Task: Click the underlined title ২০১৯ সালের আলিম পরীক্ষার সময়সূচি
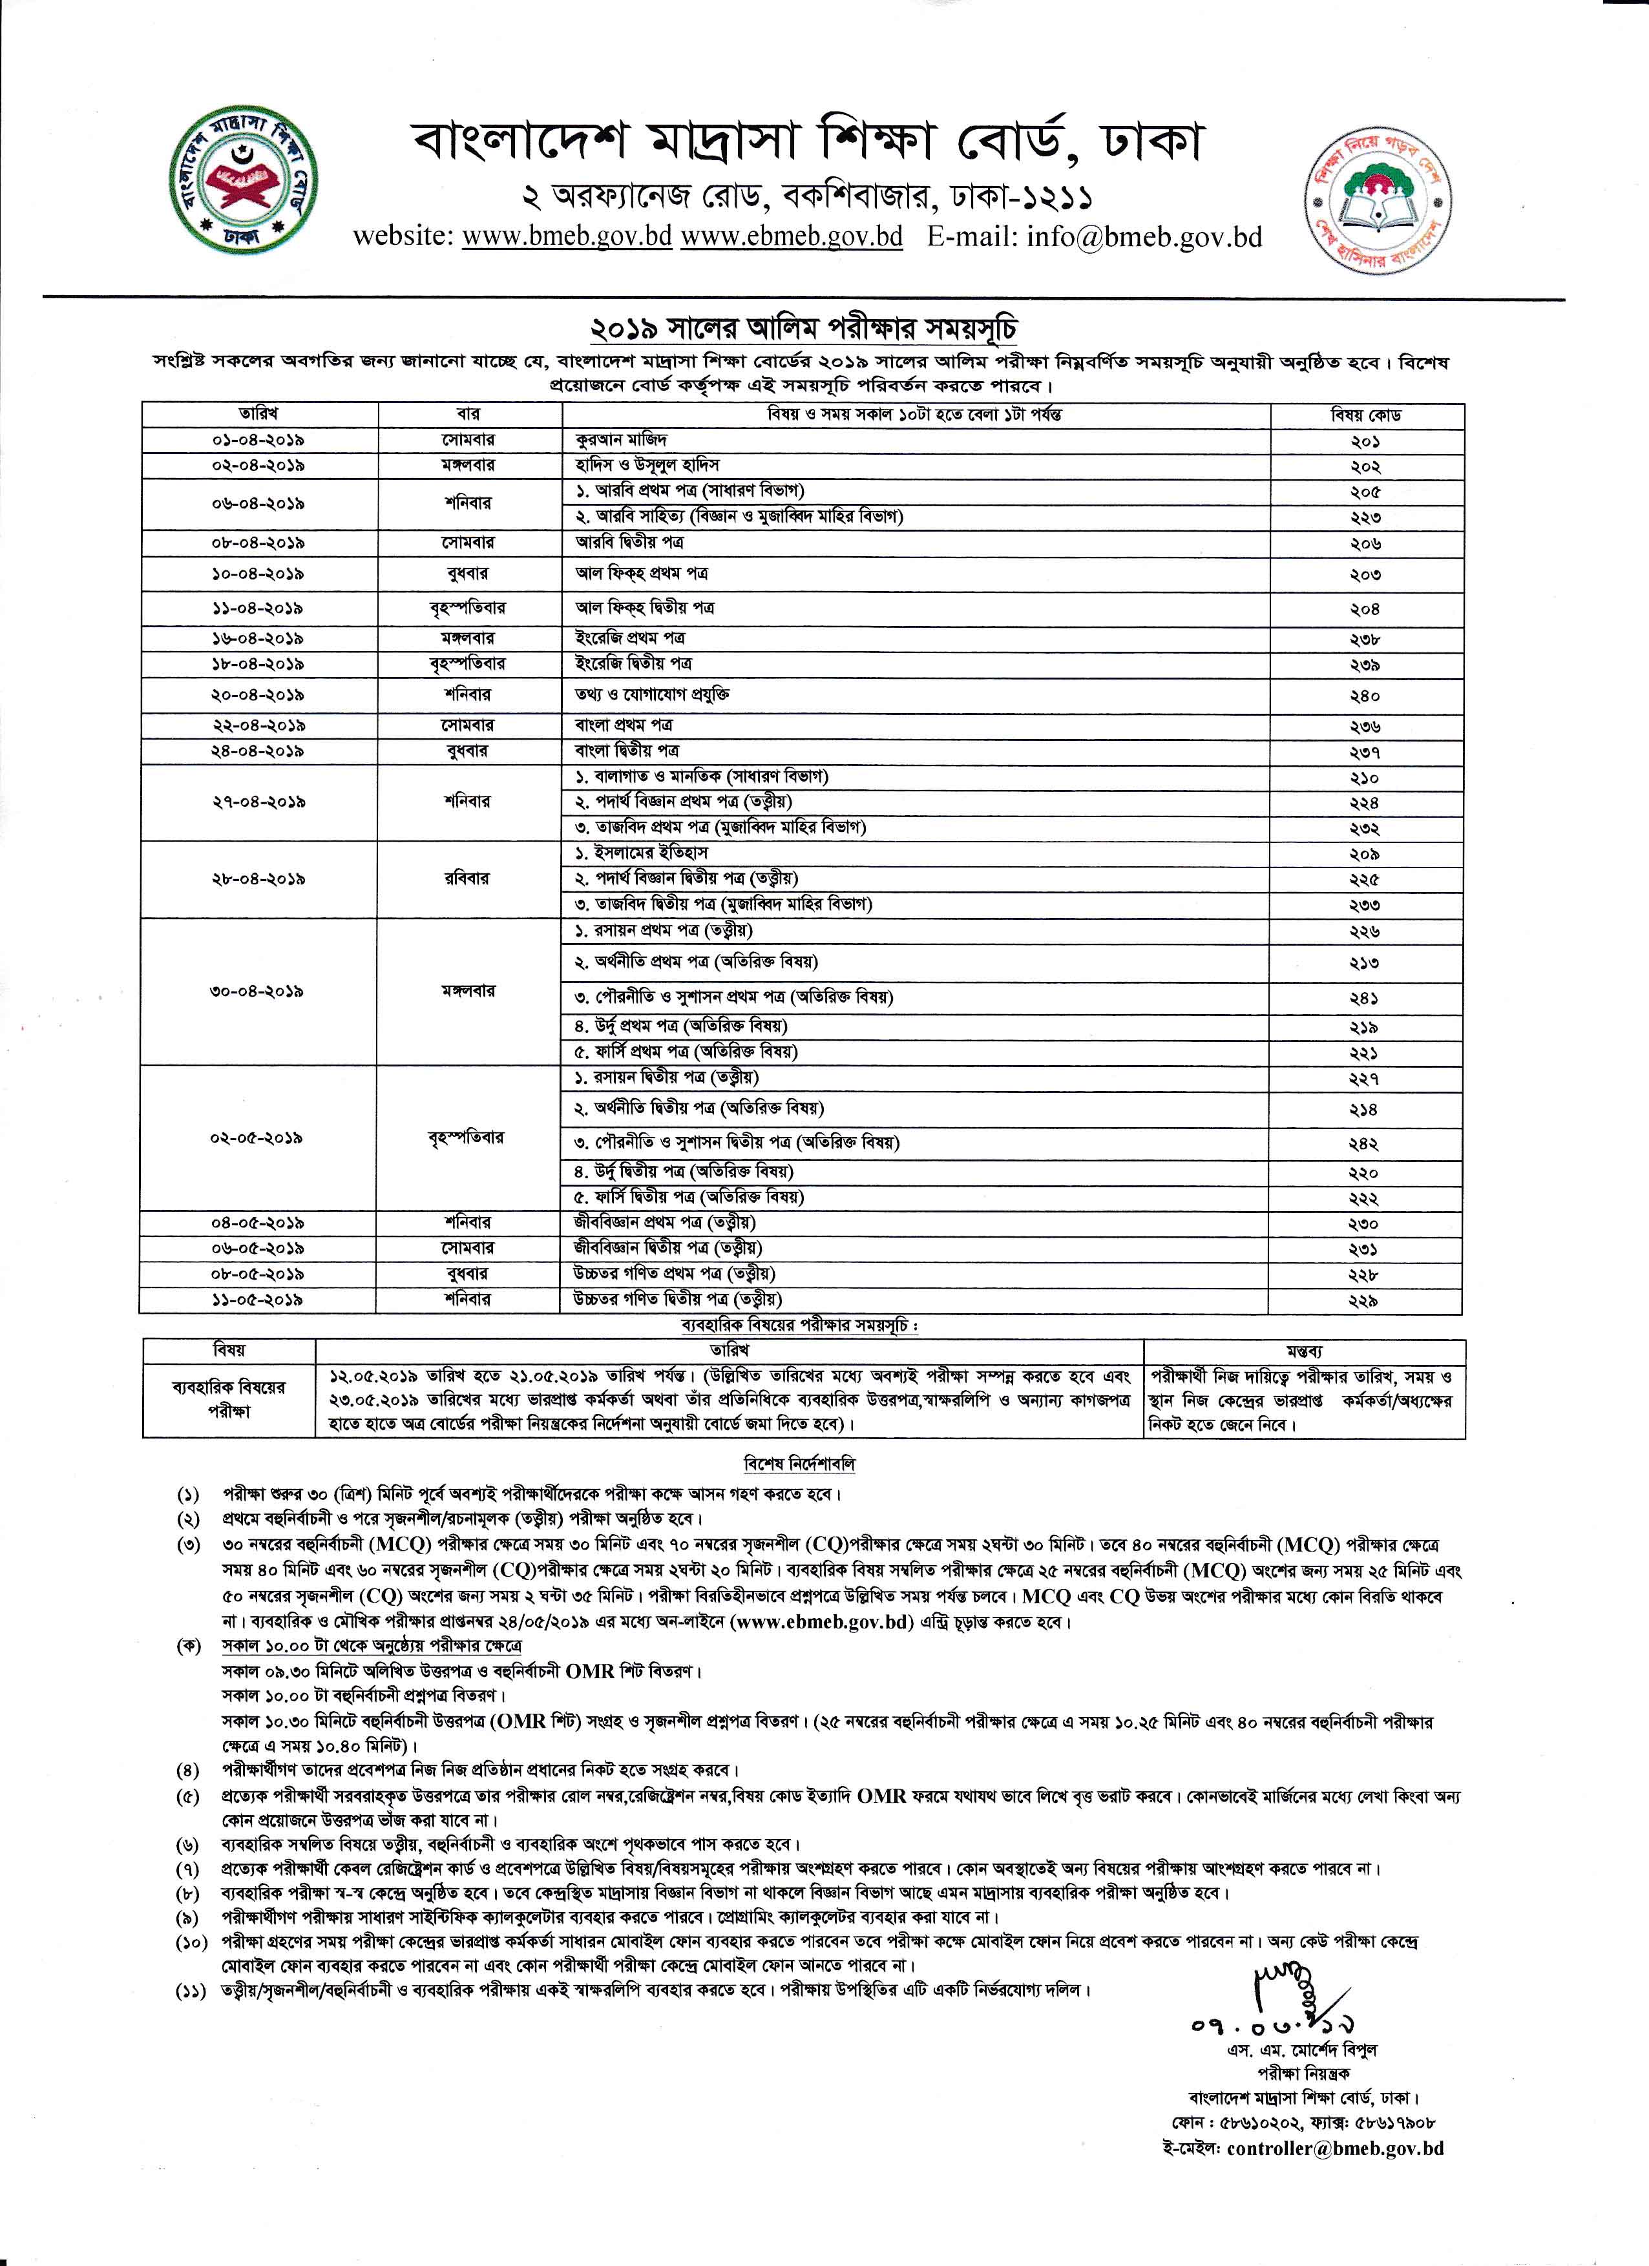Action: point(804,329)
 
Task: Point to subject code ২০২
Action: point(1366,466)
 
